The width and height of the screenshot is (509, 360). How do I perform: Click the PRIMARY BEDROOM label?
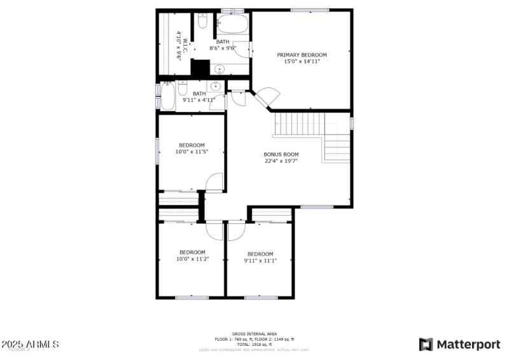click(302, 55)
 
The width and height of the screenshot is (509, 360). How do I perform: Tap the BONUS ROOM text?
click(281, 155)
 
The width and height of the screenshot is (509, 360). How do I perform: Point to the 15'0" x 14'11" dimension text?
click(302, 62)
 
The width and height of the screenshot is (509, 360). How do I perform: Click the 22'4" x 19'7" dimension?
click(281, 162)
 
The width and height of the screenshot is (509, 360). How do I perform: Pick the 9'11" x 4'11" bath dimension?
click(199, 100)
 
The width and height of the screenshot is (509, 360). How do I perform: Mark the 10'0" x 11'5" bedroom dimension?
click(192, 152)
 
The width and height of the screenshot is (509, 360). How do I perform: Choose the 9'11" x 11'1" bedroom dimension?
click(260, 260)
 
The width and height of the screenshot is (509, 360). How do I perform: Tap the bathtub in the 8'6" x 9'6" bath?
click(232, 25)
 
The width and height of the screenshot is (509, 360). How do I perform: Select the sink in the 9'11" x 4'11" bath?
click(216, 86)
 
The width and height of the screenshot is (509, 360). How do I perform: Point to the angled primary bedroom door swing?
click(267, 97)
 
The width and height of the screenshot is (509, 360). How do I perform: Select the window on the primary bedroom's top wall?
click(310, 10)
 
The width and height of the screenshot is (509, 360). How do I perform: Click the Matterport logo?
click(459, 344)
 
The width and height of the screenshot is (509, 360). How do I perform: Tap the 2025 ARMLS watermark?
click(30, 344)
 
